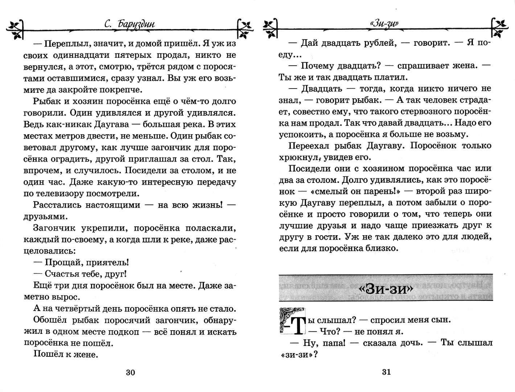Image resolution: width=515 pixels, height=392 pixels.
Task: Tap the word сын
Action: [x=440, y=320]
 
